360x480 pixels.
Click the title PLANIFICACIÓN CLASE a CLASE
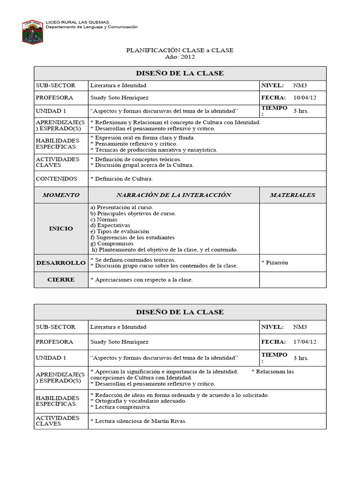180,50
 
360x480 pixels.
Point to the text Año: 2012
180,57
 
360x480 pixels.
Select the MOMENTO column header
61,195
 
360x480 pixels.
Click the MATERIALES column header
292,195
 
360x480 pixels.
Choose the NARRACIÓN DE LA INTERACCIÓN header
173,195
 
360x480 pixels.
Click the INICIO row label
61,228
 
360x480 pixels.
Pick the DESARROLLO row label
61,263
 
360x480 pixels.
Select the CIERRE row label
61,279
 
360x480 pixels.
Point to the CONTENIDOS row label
56,179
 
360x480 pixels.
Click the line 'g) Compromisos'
112,244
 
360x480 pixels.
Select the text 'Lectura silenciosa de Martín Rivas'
140,421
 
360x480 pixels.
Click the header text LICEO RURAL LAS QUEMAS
77,22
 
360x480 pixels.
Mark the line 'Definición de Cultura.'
123,179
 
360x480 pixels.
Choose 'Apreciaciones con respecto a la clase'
143,280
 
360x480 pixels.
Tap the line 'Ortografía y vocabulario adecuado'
140,401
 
